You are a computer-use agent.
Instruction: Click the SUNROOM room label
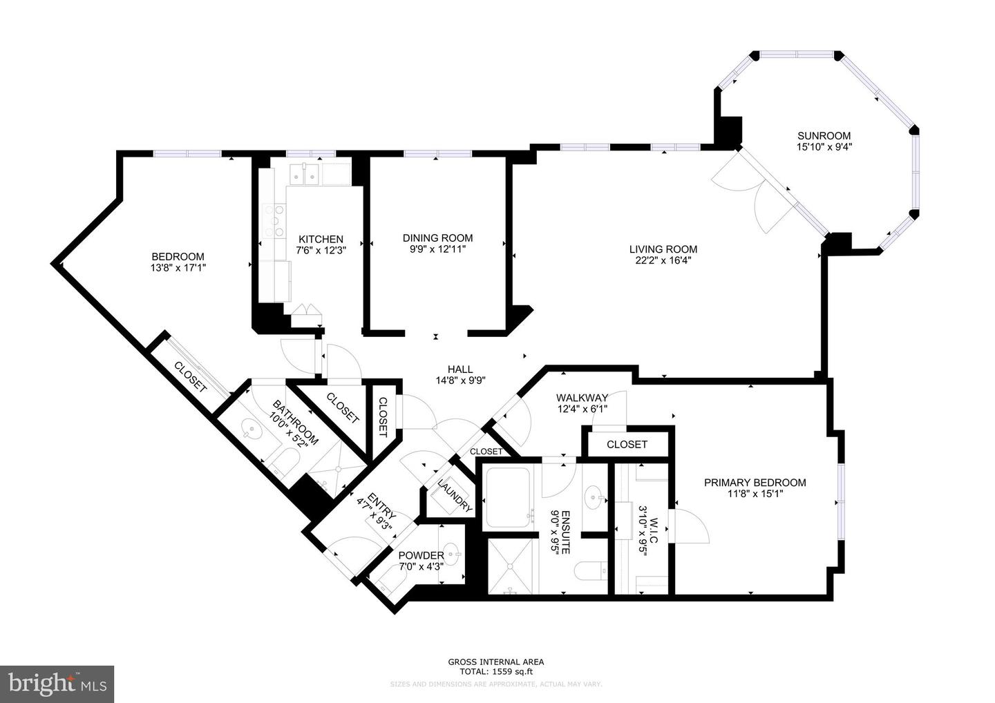pyautogui.click(x=824, y=136)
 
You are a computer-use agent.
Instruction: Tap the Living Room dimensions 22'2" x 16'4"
pyautogui.click(x=663, y=261)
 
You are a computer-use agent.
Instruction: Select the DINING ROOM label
pyautogui.click(x=437, y=238)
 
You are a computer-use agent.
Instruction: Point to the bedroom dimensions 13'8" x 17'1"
pyautogui.click(x=178, y=267)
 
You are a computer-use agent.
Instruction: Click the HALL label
pyautogui.click(x=459, y=369)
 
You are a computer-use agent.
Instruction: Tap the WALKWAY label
pyautogui.click(x=582, y=398)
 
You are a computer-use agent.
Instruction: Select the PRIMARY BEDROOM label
pyautogui.click(x=755, y=483)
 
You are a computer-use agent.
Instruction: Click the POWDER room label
pyautogui.click(x=421, y=556)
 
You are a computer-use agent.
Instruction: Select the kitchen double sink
pyautogui.click(x=304, y=175)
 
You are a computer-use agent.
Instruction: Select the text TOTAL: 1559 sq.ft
pyautogui.click(x=496, y=671)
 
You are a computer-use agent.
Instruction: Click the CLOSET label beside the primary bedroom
pyautogui.click(x=627, y=444)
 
